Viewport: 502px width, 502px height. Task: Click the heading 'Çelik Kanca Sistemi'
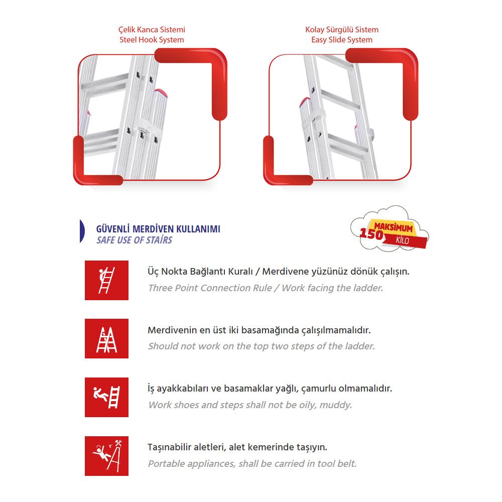coord(151,30)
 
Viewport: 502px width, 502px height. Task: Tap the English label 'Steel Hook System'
coord(151,40)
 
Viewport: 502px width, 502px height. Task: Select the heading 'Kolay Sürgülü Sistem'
coord(342,30)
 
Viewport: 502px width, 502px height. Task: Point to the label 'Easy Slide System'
coord(342,40)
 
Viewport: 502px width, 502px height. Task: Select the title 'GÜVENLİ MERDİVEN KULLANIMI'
coord(158,229)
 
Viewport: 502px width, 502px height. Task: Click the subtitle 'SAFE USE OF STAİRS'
coord(134,240)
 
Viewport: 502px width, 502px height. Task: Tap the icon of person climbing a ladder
coord(106,280)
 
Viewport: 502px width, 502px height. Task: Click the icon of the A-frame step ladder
coord(106,338)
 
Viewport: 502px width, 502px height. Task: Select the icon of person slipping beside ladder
coord(106,397)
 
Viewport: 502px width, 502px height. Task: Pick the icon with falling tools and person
coord(106,455)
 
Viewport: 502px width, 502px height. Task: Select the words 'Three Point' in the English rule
coord(173,288)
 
